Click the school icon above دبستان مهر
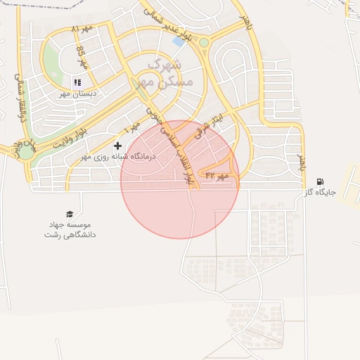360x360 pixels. (77, 82)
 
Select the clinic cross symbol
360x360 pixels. (117, 146)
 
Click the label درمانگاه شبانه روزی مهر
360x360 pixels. (117, 156)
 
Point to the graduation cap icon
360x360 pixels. (69, 214)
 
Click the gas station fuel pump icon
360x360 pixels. (321, 181)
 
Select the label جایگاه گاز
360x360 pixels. (321, 192)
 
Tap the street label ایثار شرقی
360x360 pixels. (202, 123)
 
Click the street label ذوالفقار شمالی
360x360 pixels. (20, 98)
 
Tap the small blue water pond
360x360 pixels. (179, 41)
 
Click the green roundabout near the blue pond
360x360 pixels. (204, 43)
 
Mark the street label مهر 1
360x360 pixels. (131, 129)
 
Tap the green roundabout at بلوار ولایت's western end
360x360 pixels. (26, 150)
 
